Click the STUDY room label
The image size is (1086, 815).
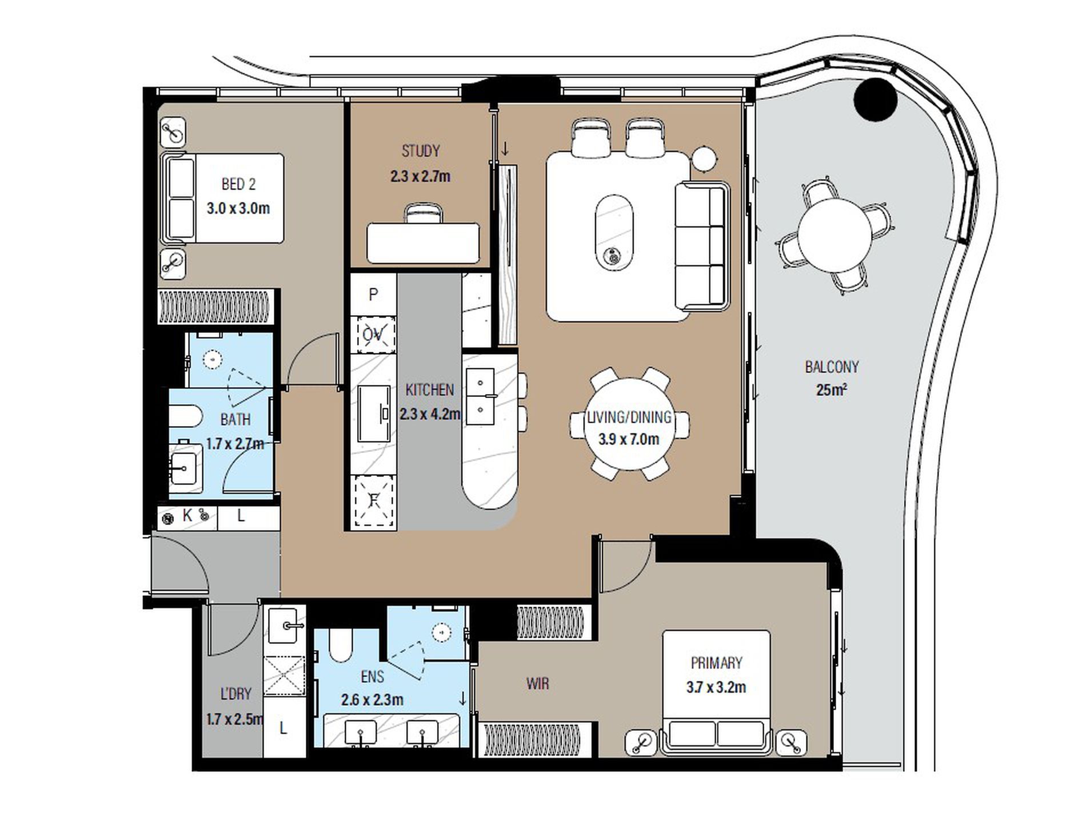click(421, 151)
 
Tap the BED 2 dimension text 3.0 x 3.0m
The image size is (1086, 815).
click(238, 208)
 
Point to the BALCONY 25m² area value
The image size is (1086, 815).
click(832, 390)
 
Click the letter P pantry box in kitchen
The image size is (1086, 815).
click(373, 294)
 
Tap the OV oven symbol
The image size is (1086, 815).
click(373, 333)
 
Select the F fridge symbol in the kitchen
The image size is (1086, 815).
click(374, 501)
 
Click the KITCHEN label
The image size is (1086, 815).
click(429, 390)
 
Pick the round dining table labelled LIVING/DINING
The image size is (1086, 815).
click(629, 424)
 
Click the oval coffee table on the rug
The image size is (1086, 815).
click(614, 232)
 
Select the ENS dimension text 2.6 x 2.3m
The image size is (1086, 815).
click(372, 699)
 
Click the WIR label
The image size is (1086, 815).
click(537, 683)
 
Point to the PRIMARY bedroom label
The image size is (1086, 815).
click(716, 663)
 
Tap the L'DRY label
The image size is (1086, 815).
click(235, 694)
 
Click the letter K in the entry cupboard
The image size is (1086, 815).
click(187, 515)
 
